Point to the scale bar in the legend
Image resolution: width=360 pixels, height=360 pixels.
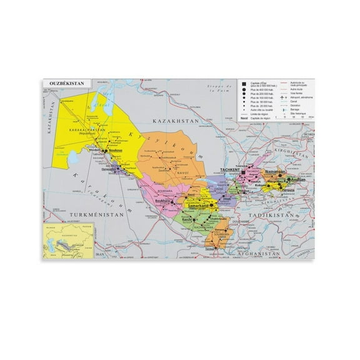coord(297,116)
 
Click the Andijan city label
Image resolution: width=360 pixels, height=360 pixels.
coord(298,180)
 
